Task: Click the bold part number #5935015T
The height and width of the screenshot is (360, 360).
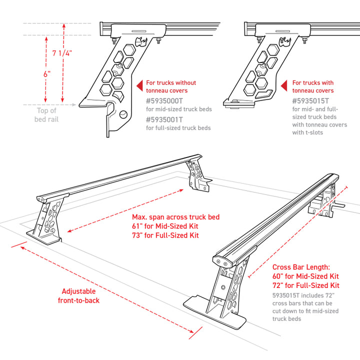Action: click(311, 100)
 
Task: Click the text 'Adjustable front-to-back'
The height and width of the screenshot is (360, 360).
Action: click(80, 295)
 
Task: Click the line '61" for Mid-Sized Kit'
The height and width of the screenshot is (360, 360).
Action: click(165, 226)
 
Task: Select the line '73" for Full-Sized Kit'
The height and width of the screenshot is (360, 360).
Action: click(165, 235)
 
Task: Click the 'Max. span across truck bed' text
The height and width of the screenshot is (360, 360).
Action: click(175, 217)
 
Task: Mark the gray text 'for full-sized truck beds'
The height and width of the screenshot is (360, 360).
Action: click(178, 128)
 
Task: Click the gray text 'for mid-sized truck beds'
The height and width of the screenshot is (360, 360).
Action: click(178, 109)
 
